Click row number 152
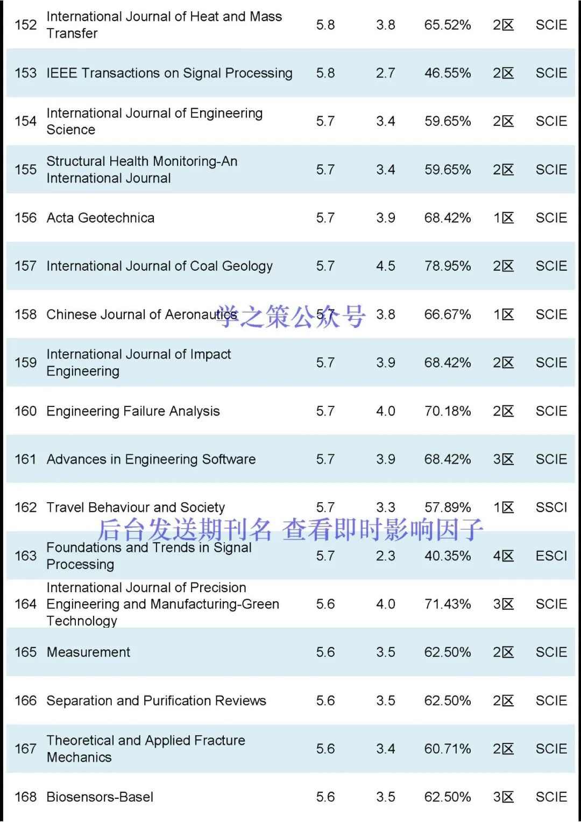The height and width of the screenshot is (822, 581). click(x=25, y=25)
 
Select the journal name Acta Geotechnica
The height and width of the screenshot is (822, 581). click(x=100, y=218)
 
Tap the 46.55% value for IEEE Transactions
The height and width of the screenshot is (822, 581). click(x=447, y=73)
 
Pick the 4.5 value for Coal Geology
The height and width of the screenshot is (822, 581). click(x=385, y=266)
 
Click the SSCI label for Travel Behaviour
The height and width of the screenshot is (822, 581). click(x=551, y=508)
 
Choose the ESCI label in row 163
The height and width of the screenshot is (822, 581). click(x=551, y=556)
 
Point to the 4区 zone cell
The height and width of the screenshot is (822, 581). click(x=503, y=556)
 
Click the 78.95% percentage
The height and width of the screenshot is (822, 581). click(x=447, y=266)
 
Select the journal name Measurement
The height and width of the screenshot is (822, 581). click(x=88, y=652)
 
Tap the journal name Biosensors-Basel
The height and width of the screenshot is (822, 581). click(x=100, y=797)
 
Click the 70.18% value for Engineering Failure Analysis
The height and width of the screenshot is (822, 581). click(x=447, y=411)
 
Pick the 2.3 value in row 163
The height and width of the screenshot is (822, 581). click(x=385, y=556)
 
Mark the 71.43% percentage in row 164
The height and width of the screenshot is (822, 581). click(x=447, y=604)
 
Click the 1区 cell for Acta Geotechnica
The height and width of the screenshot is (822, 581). click(x=503, y=218)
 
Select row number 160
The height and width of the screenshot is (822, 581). click(x=25, y=411)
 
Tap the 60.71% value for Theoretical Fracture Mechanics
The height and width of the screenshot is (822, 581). click(x=447, y=749)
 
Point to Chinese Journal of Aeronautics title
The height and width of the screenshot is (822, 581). click(x=141, y=314)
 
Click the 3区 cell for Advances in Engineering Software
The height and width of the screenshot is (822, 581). click(x=503, y=459)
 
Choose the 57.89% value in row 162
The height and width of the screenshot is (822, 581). click(x=447, y=508)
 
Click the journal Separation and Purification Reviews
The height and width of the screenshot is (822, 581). click(x=156, y=701)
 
